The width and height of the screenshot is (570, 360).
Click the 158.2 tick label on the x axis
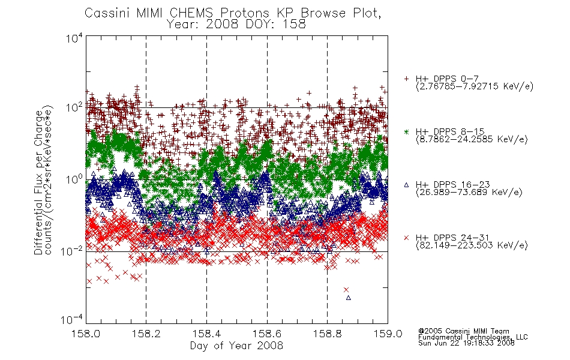(x=146, y=334)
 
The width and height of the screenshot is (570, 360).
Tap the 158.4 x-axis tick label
(x=206, y=334)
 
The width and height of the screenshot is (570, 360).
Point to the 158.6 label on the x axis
(x=267, y=334)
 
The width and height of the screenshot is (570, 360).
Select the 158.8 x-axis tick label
(x=327, y=334)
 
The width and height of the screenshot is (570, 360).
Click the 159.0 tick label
(x=388, y=334)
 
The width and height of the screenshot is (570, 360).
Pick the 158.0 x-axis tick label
(x=86, y=334)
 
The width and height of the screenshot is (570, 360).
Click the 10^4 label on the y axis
(x=74, y=38)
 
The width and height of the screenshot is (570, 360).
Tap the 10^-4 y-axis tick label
(x=71, y=319)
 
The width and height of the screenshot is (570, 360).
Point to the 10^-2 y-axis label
(x=71, y=250)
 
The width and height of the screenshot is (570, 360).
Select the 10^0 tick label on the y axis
(x=74, y=179)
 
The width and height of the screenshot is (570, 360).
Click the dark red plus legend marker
(x=406, y=79)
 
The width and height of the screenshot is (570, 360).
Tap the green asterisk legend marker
(x=406, y=131)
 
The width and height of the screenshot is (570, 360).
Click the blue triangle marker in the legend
(x=406, y=185)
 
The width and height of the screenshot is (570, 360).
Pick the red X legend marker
(x=406, y=238)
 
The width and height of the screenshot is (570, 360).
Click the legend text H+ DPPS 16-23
(x=452, y=185)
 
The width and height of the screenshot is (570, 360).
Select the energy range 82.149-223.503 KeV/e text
(x=472, y=245)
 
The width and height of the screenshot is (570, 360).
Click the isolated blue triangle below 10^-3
(x=349, y=298)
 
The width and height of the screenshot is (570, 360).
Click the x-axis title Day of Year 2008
(x=236, y=346)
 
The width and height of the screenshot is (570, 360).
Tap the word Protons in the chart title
(x=244, y=13)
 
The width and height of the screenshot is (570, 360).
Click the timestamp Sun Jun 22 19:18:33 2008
(x=466, y=343)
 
